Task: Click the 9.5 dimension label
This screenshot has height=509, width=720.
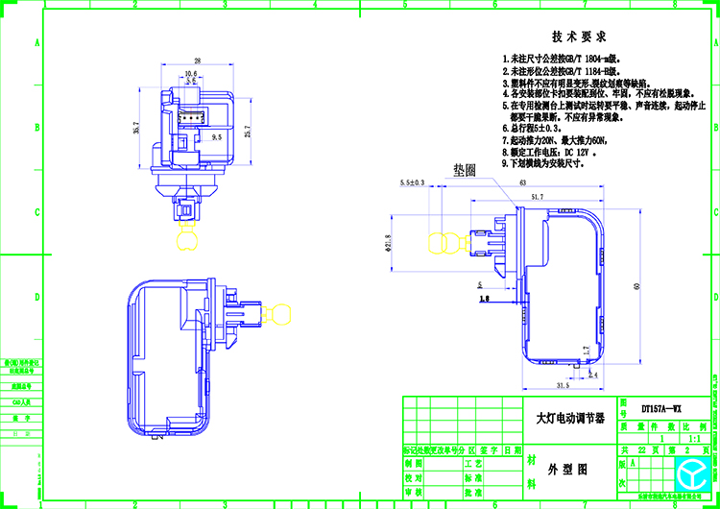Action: [216, 138]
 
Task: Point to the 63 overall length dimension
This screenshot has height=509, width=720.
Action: [522, 182]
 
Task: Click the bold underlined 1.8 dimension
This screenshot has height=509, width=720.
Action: [482, 300]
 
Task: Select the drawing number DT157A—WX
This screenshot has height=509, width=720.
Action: [661, 407]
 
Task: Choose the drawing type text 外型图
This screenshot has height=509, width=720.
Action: [565, 471]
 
